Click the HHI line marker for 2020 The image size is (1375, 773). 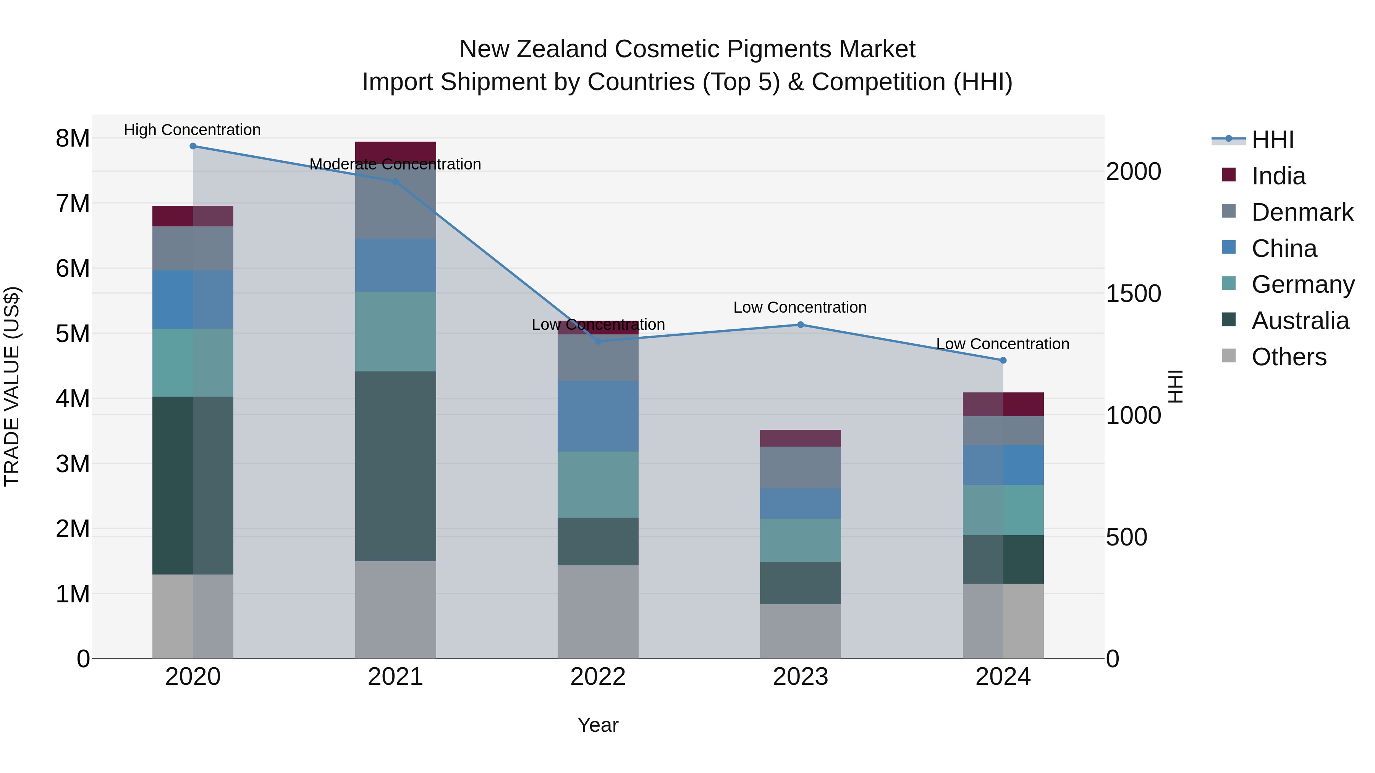pyautogui.click(x=193, y=146)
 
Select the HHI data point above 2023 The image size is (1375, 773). pyautogui.click(x=800, y=325)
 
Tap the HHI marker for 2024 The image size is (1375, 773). pyautogui.click(x=1003, y=361)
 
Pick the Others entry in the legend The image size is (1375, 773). pyautogui.click(x=1289, y=357)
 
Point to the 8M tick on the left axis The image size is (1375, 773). pyautogui.click(x=73, y=139)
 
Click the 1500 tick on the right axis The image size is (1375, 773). pyautogui.click(x=1133, y=294)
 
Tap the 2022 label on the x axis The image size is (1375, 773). pyautogui.click(x=597, y=677)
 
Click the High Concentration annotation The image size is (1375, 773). pyautogui.click(x=192, y=130)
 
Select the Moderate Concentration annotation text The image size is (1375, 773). pyautogui.click(x=395, y=164)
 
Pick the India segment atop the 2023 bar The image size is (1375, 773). pyautogui.click(x=800, y=438)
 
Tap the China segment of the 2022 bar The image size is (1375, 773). pyautogui.click(x=597, y=416)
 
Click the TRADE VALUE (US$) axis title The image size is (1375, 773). pyautogui.click(x=12, y=386)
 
